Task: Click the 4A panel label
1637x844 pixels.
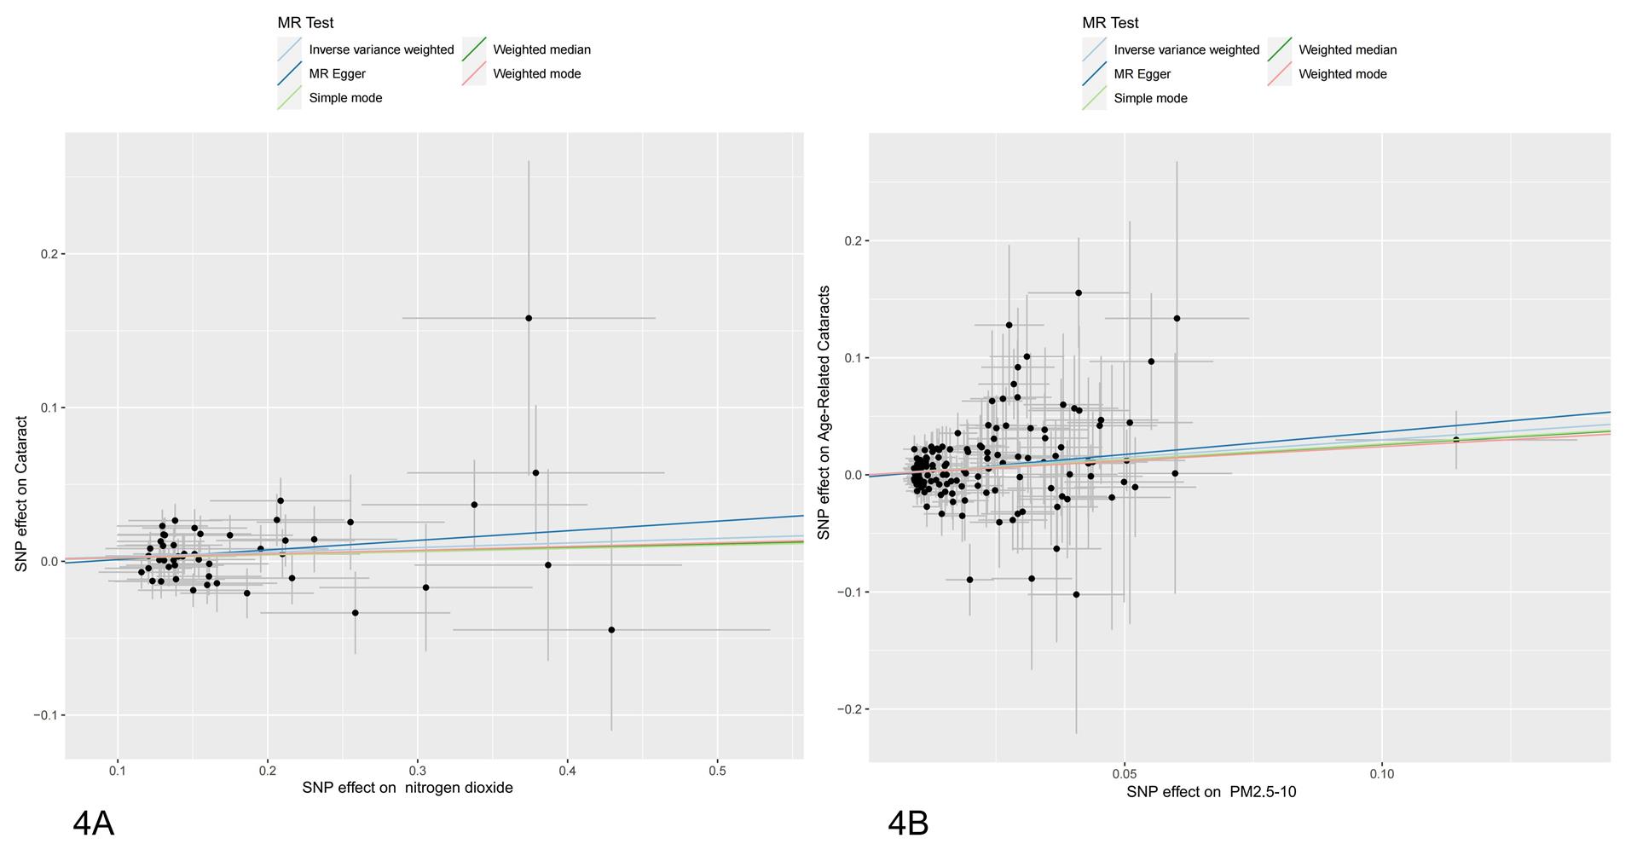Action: [93, 824]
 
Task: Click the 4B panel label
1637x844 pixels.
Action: [908, 824]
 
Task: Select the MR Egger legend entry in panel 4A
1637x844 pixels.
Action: [337, 74]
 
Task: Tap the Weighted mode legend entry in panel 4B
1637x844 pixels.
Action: [1342, 74]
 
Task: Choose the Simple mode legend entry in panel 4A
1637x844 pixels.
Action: [345, 98]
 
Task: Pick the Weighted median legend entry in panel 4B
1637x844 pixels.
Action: [1347, 49]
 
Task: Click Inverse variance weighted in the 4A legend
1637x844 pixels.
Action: [381, 49]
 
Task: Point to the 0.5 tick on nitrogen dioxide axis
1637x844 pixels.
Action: [718, 771]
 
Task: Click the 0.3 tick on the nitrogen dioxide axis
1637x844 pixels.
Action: [418, 771]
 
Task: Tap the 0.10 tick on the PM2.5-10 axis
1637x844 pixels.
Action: [1381, 774]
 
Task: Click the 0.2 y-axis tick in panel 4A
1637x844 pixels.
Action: [50, 254]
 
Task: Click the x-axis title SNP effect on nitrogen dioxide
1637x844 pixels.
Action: [408, 788]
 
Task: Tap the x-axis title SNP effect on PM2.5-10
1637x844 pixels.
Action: [1211, 792]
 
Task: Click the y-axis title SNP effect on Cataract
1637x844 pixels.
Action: [21, 494]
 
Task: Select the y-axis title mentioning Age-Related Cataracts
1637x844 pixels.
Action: [824, 413]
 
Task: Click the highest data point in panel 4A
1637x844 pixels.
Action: [529, 318]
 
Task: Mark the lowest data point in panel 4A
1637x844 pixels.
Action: [611, 630]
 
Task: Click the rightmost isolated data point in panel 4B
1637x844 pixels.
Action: [1456, 440]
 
